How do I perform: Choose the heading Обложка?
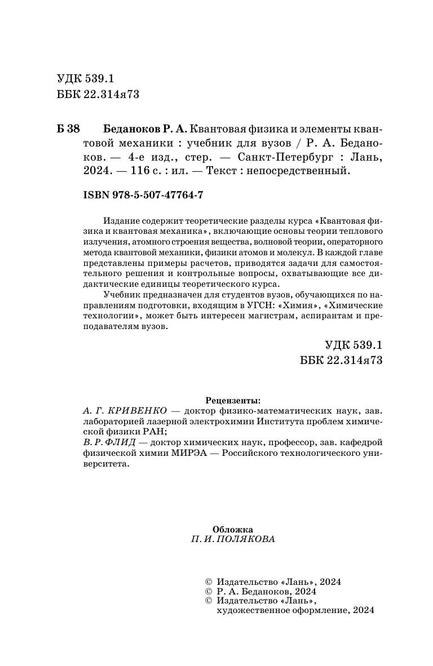[233, 529]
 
